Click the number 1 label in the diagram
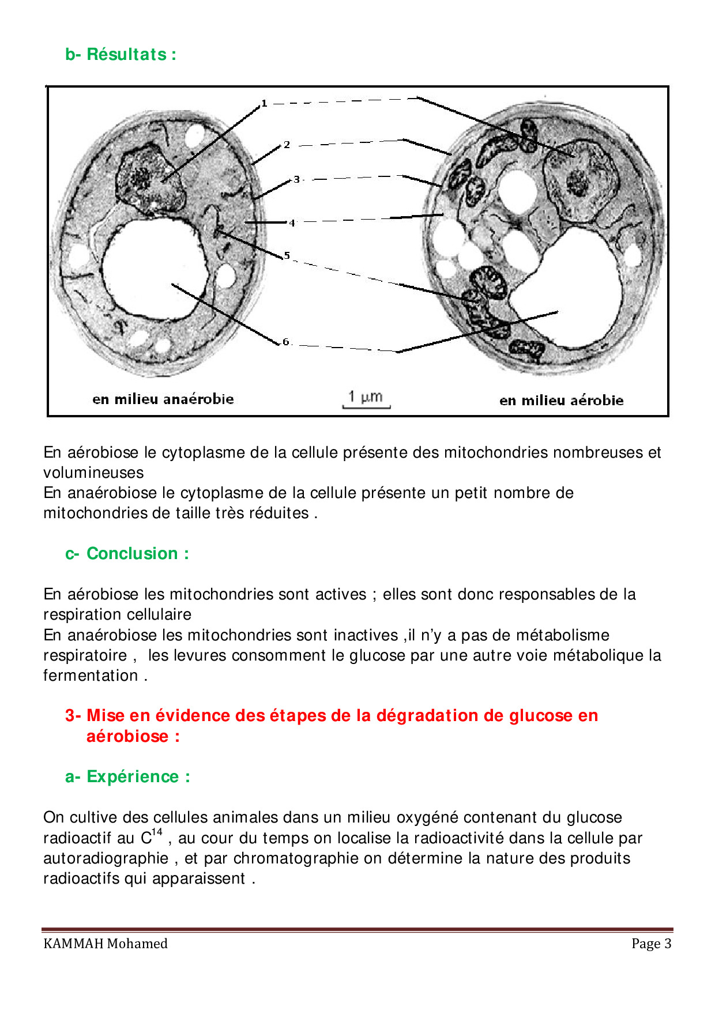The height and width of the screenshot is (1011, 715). click(264, 104)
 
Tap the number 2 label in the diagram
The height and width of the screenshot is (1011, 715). click(287, 145)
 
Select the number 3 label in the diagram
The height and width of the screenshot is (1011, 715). click(296, 179)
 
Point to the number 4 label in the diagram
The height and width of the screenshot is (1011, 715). click(292, 222)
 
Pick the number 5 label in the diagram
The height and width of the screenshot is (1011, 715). click(287, 255)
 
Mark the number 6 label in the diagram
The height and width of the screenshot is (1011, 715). click(285, 342)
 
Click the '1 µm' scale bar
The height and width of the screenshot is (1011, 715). click(366, 399)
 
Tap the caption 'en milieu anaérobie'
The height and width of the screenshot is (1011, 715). click(163, 399)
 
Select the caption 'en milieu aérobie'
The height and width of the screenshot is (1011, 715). click(561, 400)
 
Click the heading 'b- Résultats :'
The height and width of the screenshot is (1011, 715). click(121, 54)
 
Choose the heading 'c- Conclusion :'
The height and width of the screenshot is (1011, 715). click(127, 553)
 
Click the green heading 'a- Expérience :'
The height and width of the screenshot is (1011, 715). click(127, 776)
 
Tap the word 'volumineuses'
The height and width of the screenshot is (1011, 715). click(93, 473)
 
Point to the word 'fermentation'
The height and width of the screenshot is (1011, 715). click(91, 676)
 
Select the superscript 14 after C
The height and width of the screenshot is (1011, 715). click(157, 832)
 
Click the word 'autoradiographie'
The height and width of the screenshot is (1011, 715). click(106, 858)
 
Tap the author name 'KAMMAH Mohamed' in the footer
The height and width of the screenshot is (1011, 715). click(106, 944)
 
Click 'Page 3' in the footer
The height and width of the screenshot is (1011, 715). click(651, 944)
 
